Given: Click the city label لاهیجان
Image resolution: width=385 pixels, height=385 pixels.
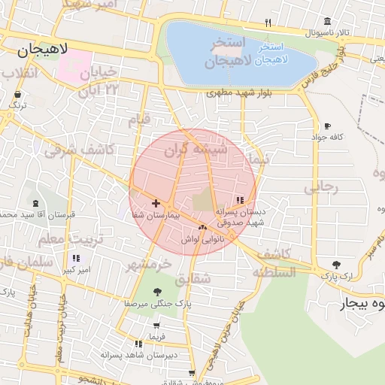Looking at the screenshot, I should (43, 50).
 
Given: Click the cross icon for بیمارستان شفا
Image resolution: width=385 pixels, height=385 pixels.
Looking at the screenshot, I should (156, 203).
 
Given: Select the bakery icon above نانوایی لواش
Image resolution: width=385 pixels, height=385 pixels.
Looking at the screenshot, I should (202, 227).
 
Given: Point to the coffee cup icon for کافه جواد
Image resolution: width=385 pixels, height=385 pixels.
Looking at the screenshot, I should (326, 126).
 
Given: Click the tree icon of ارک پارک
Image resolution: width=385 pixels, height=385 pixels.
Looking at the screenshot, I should (335, 265).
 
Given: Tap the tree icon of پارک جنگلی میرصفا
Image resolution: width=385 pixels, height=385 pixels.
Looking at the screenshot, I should (156, 292).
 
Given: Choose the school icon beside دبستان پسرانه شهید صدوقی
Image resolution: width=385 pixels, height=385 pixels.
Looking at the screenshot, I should (240, 200).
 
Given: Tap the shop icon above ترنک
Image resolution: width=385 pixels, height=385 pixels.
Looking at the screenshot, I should (17, 94).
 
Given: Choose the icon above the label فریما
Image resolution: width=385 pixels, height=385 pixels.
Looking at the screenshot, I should (156, 326).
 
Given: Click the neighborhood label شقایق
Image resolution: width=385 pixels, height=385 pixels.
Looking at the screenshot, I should (194, 279).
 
